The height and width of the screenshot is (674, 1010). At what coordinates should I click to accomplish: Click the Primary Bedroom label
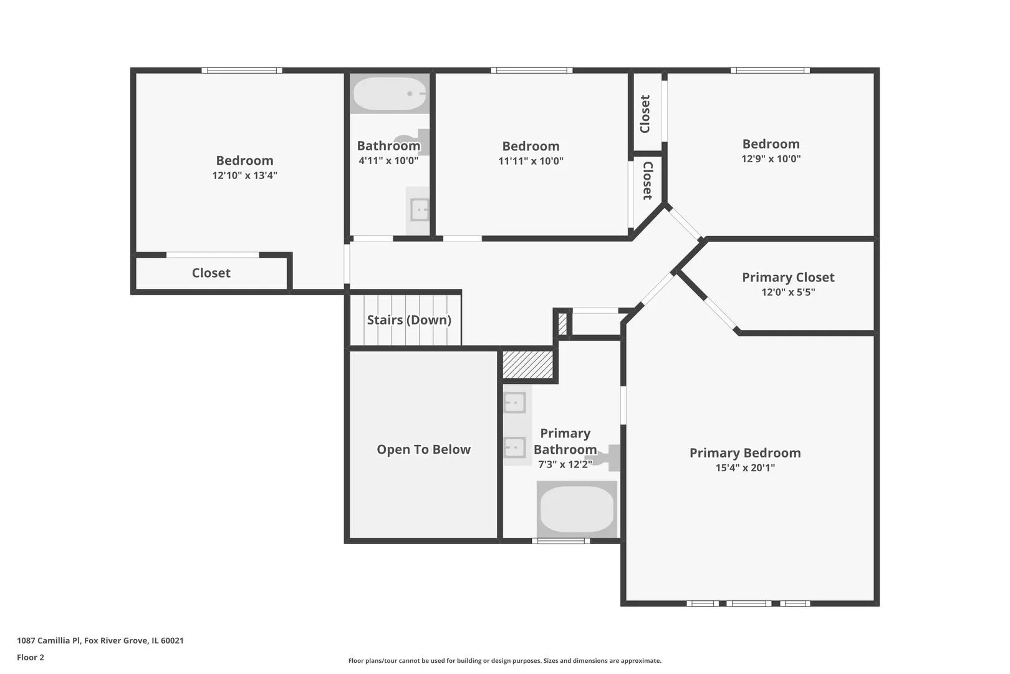745,453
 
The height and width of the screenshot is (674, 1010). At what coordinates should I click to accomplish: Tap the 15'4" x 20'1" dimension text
745,467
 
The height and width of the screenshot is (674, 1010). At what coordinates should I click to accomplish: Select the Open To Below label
423,449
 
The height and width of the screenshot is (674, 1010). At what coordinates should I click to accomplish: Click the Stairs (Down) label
409,320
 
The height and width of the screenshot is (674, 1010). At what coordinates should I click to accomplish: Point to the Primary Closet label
788,277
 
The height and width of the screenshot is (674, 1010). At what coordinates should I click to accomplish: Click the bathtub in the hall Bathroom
390,94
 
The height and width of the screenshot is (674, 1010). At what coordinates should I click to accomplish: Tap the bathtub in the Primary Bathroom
577,509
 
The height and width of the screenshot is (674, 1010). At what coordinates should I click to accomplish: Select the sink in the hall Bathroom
419,210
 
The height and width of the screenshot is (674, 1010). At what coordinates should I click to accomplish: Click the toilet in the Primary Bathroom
608,458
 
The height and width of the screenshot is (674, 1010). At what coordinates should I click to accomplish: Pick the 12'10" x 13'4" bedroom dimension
245,175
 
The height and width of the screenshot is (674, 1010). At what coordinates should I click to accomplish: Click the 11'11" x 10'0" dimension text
531,161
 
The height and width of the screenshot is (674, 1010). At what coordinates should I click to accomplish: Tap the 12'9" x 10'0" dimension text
771,159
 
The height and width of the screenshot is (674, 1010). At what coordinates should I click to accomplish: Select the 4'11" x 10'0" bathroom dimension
388,160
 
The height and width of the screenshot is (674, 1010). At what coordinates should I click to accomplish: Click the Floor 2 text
31,657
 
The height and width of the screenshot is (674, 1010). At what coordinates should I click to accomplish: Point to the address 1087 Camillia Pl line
100,640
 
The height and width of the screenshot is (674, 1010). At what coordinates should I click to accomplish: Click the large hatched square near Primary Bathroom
527,364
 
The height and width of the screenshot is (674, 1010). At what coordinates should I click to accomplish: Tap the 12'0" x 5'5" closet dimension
788,292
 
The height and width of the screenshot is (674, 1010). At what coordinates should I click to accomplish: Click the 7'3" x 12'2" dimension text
565,464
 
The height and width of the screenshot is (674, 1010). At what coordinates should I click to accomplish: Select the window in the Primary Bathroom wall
561,541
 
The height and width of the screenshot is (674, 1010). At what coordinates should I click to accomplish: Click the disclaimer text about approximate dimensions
504,660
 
